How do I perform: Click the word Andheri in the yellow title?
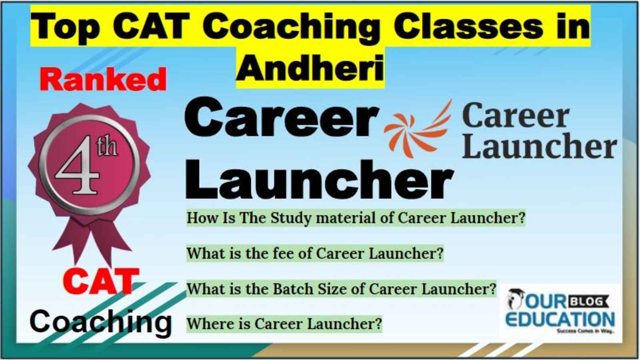[310, 68]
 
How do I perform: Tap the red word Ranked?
[103, 80]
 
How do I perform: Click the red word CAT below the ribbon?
[101, 282]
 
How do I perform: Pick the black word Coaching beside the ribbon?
[100, 322]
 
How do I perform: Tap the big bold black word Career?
[282, 118]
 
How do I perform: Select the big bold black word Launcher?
[320, 179]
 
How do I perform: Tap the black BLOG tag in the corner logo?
[589, 302]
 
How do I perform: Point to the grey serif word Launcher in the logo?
[540, 146]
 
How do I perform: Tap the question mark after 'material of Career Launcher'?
[521, 218]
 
